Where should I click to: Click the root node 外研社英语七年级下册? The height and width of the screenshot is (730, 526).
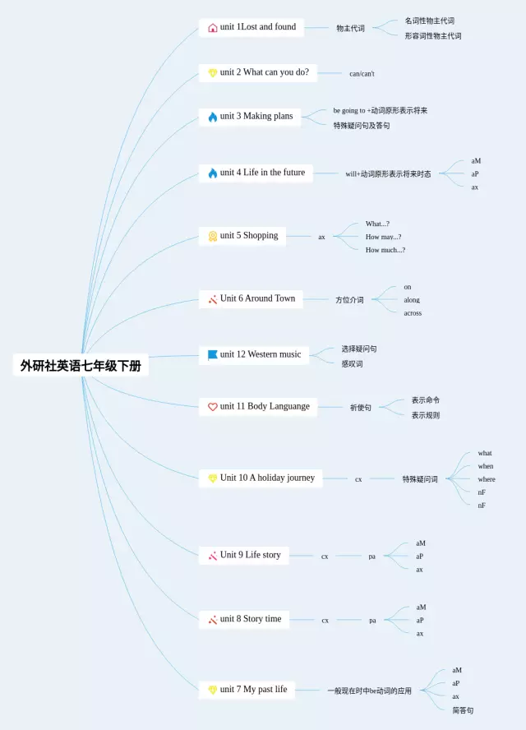click(81, 366)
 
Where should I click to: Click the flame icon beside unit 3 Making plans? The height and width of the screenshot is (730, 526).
click(213, 117)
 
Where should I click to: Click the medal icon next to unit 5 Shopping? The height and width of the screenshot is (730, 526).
click(213, 236)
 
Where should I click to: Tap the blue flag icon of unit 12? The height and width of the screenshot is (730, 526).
click(213, 355)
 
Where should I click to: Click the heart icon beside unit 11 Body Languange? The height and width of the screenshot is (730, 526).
click(213, 407)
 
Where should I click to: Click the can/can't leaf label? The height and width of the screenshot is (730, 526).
click(362, 74)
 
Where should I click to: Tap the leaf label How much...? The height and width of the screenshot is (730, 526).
click(385, 250)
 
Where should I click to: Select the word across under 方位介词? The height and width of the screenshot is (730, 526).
click(413, 313)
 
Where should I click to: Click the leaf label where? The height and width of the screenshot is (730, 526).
click(487, 479)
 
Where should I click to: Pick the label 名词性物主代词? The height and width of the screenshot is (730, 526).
click(429, 21)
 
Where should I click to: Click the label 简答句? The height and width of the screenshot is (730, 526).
click(463, 710)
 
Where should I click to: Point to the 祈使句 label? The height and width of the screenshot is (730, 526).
click(360, 408)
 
